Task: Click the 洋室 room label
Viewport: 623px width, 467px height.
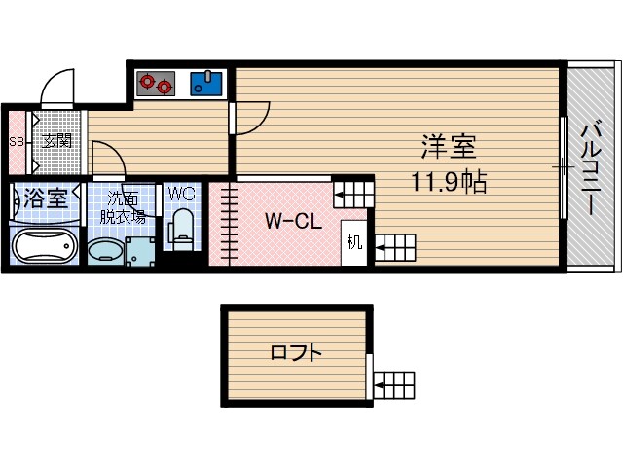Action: pyautogui.click(x=448, y=148)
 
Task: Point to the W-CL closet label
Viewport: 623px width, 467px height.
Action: pyautogui.click(x=294, y=222)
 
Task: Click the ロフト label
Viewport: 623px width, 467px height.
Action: pyautogui.click(x=296, y=353)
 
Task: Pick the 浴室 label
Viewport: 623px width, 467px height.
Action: pyautogui.click(x=46, y=198)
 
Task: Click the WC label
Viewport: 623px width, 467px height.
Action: pyautogui.click(x=182, y=194)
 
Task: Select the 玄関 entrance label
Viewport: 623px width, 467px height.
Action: pyautogui.click(x=56, y=141)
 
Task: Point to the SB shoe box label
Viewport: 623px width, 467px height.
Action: pyautogui.click(x=16, y=141)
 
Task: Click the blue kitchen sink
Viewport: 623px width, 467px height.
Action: pyautogui.click(x=206, y=84)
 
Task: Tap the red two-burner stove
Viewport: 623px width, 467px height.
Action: pyautogui.click(x=155, y=85)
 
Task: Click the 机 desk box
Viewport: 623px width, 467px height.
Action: pyautogui.click(x=352, y=242)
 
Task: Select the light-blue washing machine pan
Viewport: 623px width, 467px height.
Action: pyautogui.click(x=140, y=251)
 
